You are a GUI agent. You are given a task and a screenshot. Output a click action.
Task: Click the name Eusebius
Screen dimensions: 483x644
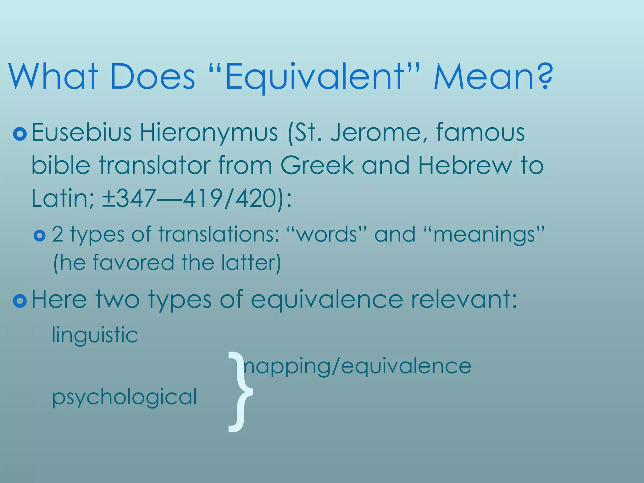[82, 132]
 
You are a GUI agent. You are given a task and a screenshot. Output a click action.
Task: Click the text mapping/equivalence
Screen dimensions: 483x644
[358, 366]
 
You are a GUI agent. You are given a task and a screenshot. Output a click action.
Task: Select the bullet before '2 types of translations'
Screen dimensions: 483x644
[40, 236]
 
